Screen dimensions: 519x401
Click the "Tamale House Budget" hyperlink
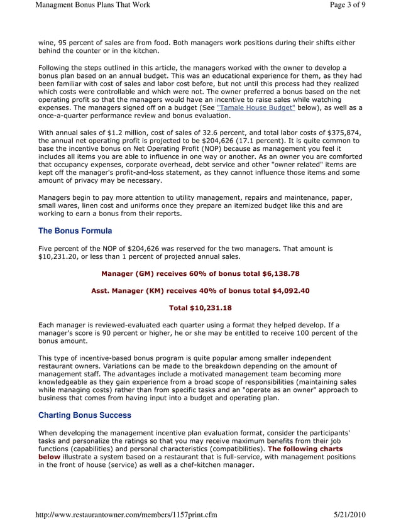[256, 107]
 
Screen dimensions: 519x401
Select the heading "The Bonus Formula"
[75, 231]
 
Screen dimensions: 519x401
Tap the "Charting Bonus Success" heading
[85, 415]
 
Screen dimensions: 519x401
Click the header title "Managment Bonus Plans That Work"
[93, 5]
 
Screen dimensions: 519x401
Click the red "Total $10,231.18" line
[200, 308]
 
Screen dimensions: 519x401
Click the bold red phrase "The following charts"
[305, 449]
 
